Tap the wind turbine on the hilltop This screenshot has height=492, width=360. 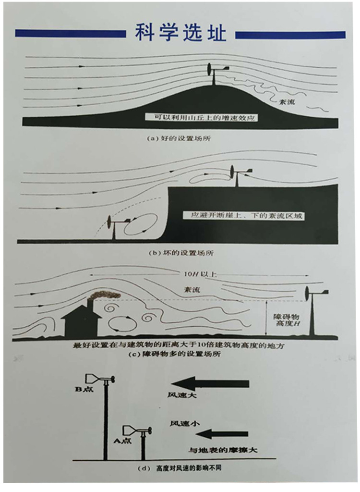click(213, 76)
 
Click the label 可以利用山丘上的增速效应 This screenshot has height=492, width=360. click(199, 116)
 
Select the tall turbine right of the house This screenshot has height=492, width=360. click(313, 312)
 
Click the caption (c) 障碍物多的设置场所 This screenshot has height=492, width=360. click(180, 354)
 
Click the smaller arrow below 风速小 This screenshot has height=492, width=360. click(223, 434)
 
